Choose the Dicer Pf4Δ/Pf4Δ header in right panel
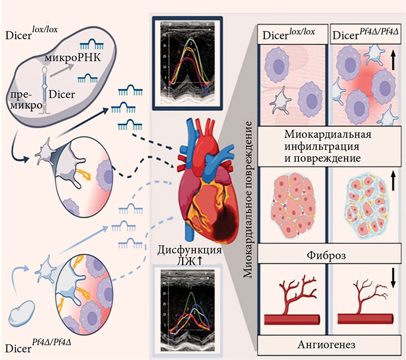tap(363, 36)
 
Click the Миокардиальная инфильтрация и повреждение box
tap(328, 147)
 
